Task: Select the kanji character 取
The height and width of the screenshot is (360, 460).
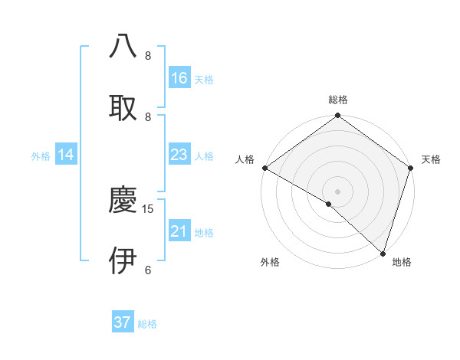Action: coord(123,106)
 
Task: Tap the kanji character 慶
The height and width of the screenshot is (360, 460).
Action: coord(123,200)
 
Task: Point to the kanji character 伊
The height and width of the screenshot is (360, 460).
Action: coord(123,260)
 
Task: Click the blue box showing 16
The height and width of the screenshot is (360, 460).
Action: coord(179,78)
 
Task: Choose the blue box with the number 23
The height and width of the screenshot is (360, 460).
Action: coord(179,155)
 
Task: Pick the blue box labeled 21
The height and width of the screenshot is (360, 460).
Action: coord(179,231)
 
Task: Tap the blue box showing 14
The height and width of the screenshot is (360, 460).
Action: coord(66,155)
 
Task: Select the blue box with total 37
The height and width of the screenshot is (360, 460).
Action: coord(123,322)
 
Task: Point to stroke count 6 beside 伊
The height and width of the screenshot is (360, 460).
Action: coord(148,270)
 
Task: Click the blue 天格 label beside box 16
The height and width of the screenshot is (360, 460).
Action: coord(204,80)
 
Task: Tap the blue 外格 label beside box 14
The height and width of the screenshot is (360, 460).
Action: coord(41,156)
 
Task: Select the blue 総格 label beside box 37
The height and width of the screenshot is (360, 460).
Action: coord(147,324)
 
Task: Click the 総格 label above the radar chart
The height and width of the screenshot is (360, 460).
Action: coord(338,100)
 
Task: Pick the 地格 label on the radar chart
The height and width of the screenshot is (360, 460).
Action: coord(402,262)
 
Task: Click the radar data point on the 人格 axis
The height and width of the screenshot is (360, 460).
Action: coord(264,168)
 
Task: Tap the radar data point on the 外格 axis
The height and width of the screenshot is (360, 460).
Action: coord(329,204)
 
